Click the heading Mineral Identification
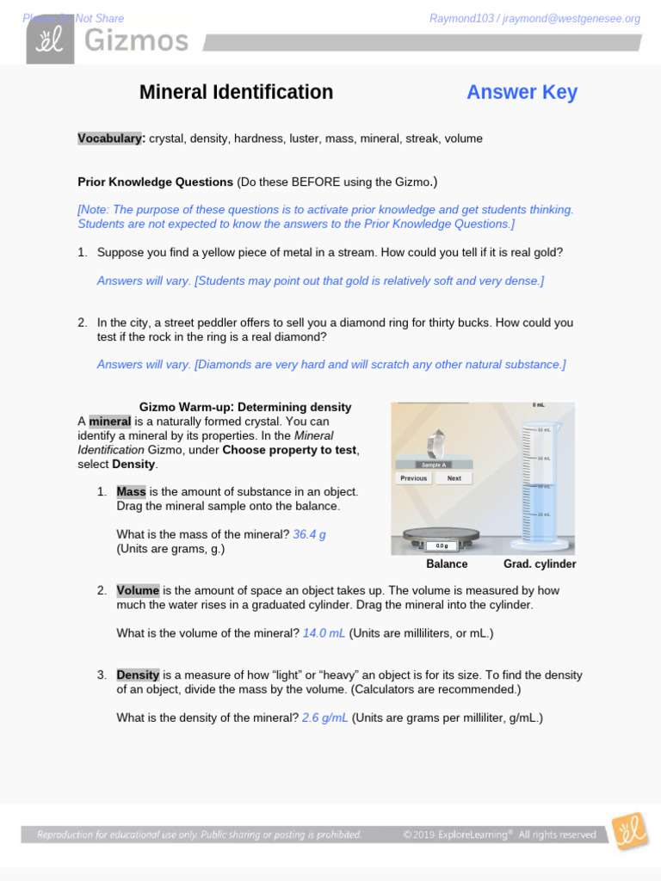(236, 92)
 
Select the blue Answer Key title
(522, 92)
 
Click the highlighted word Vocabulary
(110, 139)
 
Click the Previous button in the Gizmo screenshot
(413, 478)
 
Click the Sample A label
(434, 465)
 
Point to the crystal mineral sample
(436, 442)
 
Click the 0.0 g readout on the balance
(442, 545)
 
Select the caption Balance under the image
(447, 564)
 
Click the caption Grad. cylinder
(540, 564)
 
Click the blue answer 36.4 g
(309, 534)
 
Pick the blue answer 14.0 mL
(324, 633)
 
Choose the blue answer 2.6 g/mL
(324, 718)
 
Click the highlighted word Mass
(131, 492)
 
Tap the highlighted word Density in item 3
(138, 675)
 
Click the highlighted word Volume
(138, 591)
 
